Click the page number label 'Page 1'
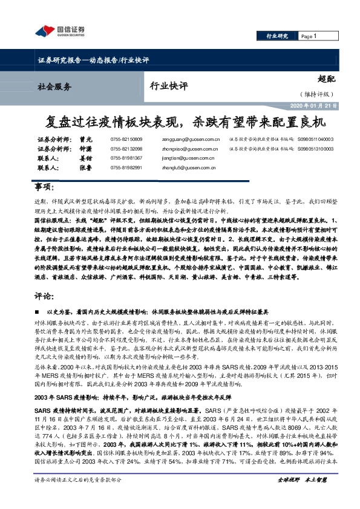pos(309,37)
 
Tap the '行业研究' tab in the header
pos(277,37)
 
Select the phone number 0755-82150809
pos(126,139)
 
